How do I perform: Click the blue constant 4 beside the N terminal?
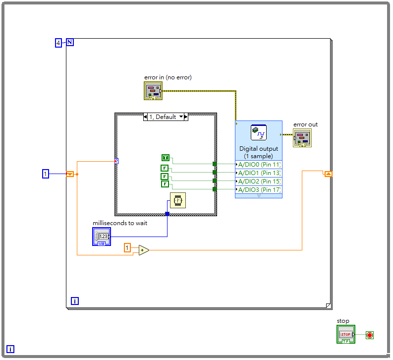pyautogui.click(x=58, y=43)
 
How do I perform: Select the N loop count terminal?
pyautogui.click(x=70, y=42)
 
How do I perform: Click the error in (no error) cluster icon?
pyautogui.click(x=153, y=91)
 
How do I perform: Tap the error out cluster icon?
pyautogui.click(x=302, y=138)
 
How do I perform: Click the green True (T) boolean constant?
pyautogui.click(x=166, y=158)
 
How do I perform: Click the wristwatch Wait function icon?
pyautogui.click(x=178, y=200)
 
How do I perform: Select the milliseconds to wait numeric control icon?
pyautogui.click(x=102, y=237)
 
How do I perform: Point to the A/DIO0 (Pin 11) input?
pyautogui.click(x=259, y=165)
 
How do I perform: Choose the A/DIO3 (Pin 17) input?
pyautogui.click(x=259, y=189)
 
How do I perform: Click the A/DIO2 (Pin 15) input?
pyautogui.click(x=259, y=181)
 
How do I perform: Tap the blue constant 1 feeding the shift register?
pyautogui.click(x=46, y=174)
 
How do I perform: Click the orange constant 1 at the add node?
pyautogui.click(x=128, y=247)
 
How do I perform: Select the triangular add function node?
pyautogui.click(x=143, y=250)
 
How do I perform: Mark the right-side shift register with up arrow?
pyautogui.click(x=329, y=174)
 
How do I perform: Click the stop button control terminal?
pyautogui.click(x=346, y=335)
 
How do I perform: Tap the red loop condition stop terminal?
pyautogui.click(x=370, y=335)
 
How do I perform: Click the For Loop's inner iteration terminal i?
pyautogui.click(x=75, y=300)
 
